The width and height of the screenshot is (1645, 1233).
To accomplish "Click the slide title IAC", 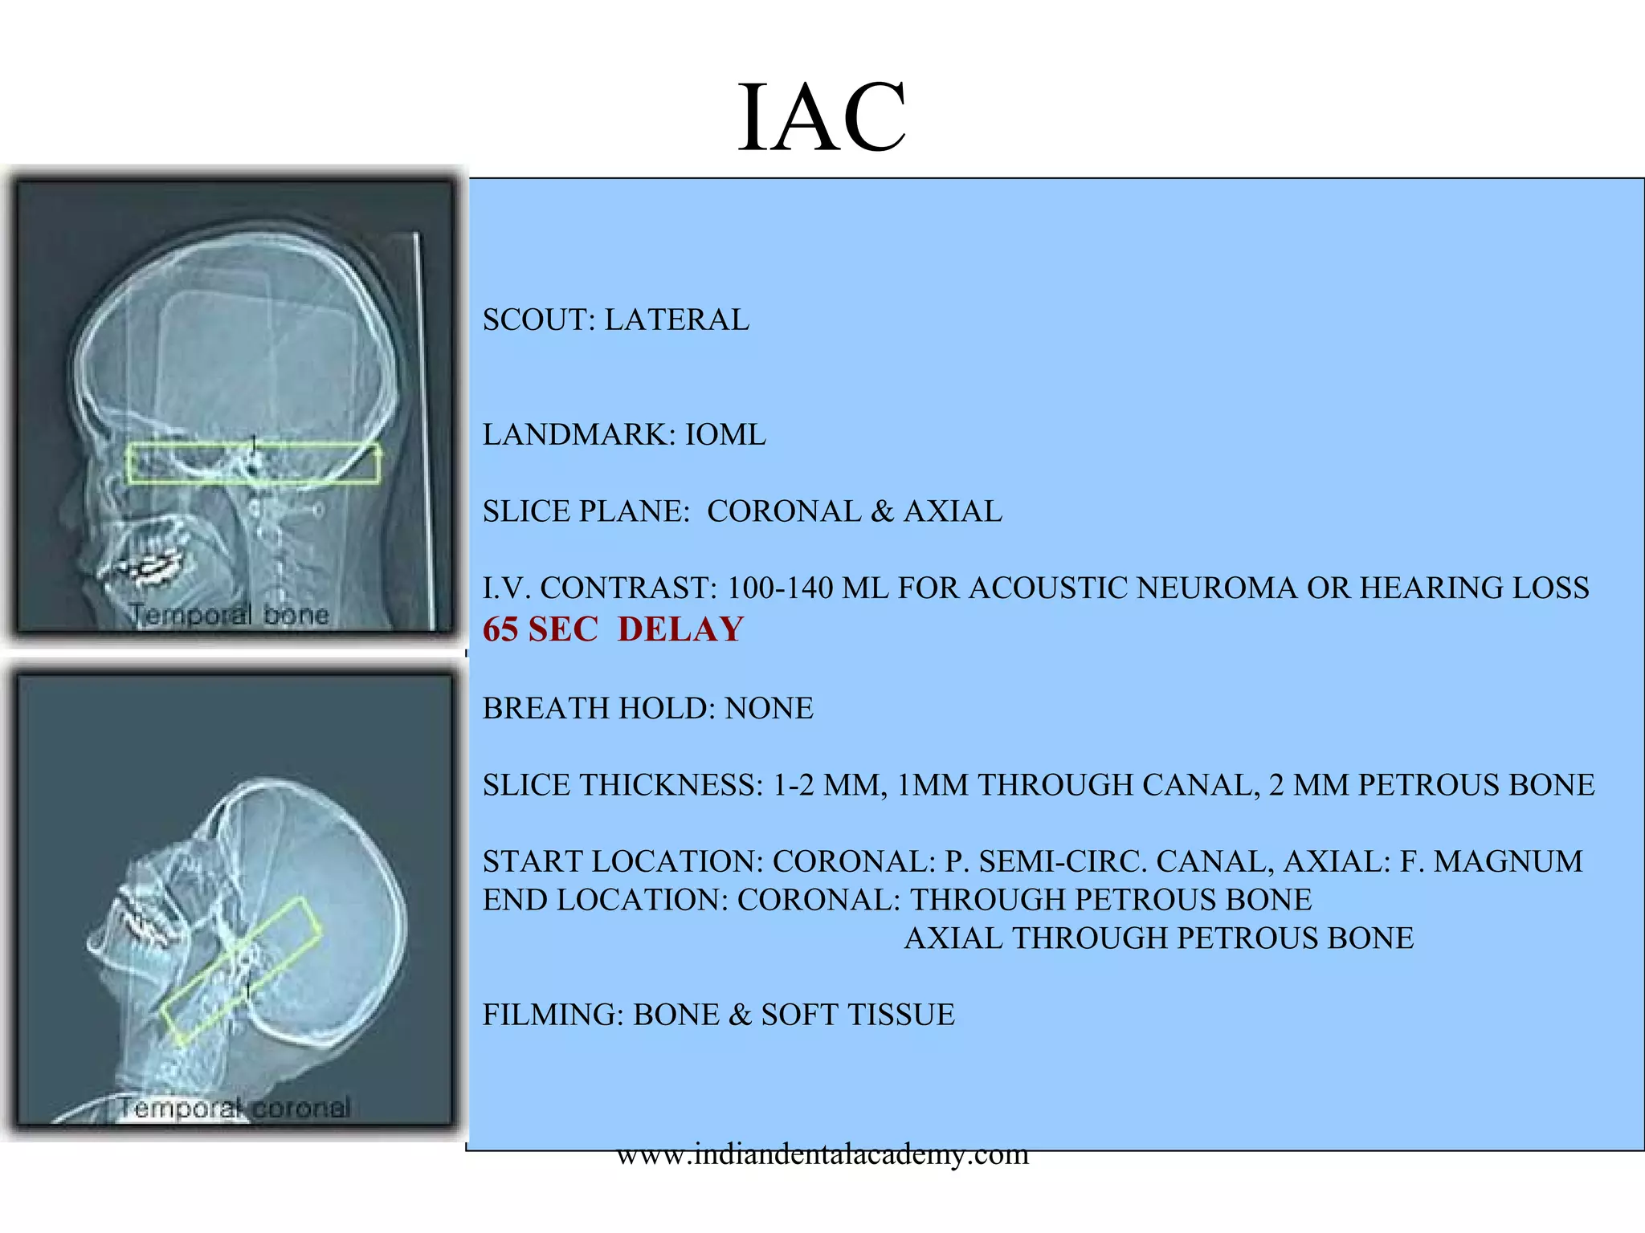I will tap(822, 119).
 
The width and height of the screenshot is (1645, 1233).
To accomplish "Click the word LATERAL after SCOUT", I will tap(676, 320).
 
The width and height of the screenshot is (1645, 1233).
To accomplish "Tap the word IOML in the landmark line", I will tap(725, 435).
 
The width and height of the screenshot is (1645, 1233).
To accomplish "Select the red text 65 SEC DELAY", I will tap(613, 629).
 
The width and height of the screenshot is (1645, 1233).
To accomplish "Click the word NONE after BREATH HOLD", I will tap(769, 709).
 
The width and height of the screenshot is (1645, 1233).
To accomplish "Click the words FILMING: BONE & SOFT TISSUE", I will tap(718, 1015).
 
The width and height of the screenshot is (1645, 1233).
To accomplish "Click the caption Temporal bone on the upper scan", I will tap(230, 615).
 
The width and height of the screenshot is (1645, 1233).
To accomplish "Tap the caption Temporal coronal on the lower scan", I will tap(235, 1109).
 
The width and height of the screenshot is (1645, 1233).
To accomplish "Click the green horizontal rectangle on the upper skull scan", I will tap(253, 463).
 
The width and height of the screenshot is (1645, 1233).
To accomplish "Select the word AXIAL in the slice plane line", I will tap(953, 512).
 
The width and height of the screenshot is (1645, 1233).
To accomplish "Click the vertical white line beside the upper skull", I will tap(424, 425).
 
